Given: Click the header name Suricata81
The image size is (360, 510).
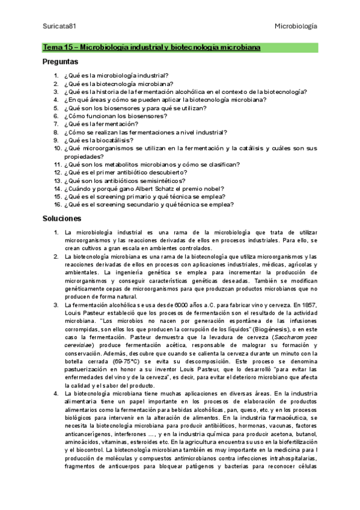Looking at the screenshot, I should tap(58, 26).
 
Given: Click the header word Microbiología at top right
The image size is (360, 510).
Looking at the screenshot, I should tap(296, 26).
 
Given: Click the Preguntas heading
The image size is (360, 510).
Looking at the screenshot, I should tap(60, 61).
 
